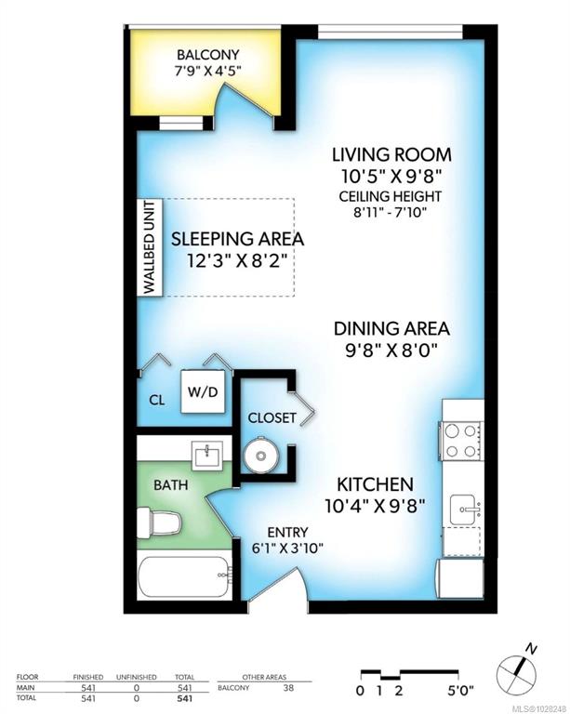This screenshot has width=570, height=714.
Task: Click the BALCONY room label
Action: pyautogui.click(x=207, y=55)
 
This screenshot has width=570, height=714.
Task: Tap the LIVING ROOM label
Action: pyautogui.click(x=391, y=155)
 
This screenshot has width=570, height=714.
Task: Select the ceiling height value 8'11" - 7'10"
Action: pyautogui.click(x=390, y=212)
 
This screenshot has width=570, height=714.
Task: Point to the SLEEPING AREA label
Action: pyautogui.click(x=237, y=239)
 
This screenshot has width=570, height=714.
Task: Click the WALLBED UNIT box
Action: pyautogui.click(x=150, y=247)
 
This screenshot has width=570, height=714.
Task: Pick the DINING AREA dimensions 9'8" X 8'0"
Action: pyautogui.click(x=391, y=351)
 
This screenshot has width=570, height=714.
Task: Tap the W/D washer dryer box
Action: pyautogui.click(x=203, y=391)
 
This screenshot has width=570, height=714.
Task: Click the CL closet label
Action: pyautogui.click(x=157, y=401)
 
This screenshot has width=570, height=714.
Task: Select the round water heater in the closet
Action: pyautogui.click(x=261, y=455)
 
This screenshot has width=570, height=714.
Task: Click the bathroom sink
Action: pyautogui.click(x=207, y=456)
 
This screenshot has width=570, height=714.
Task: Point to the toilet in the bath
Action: pyautogui.click(x=159, y=522)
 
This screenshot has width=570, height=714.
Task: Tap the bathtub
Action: pyautogui.click(x=184, y=575)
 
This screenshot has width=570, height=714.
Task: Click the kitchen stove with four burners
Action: pyautogui.click(x=460, y=441)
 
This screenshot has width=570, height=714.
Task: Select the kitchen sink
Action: pyautogui.click(x=464, y=510)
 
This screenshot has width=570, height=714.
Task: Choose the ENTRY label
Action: pyautogui.click(x=287, y=533)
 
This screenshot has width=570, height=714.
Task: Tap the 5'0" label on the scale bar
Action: pyautogui.click(x=460, y=691)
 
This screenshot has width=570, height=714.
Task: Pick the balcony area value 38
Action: pyautogui.click(x=288, y=688)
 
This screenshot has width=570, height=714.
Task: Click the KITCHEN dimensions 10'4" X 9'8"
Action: pyautogui.click(x=375, y=506)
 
